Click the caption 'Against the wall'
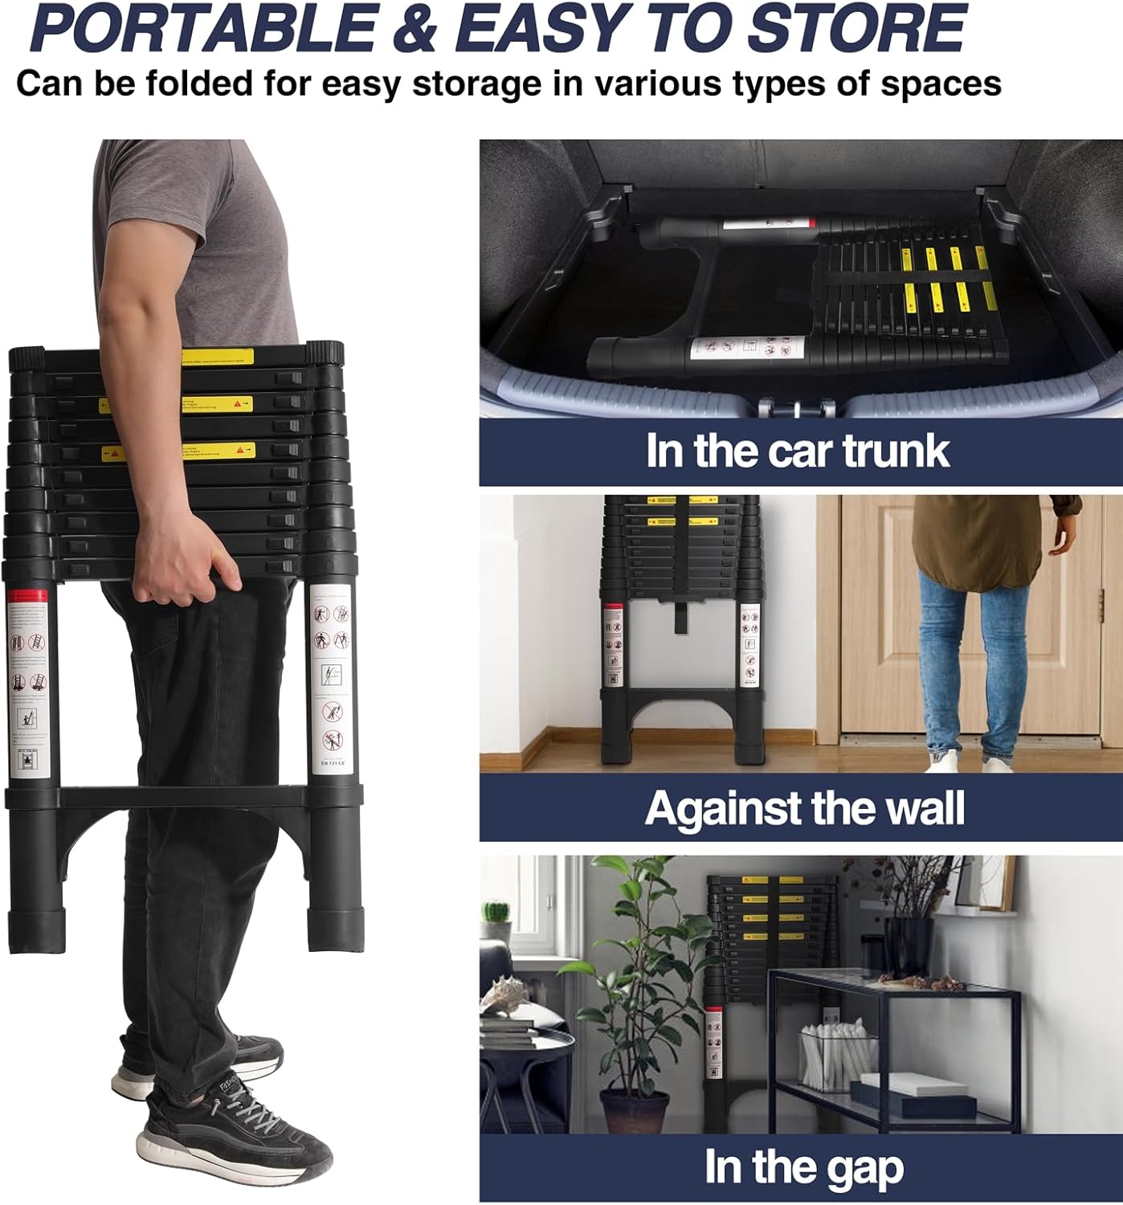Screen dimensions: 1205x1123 coord(804,808)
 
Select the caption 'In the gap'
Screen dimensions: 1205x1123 coord(803,1167)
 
